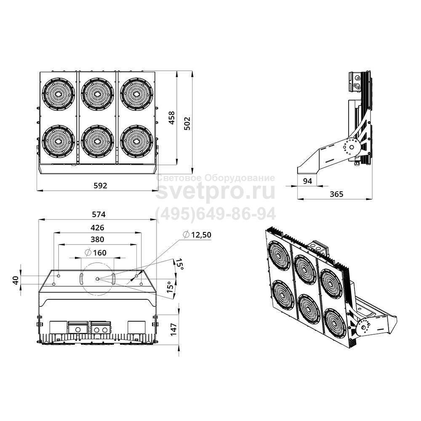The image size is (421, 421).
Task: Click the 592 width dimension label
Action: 100,186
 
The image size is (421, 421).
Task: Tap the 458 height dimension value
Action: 172,118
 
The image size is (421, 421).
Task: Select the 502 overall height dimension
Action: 187,123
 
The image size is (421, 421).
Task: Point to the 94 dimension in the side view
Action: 307,181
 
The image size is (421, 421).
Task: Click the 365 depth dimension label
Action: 336,194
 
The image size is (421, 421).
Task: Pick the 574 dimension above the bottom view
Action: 99,214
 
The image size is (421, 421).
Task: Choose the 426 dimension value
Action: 97,228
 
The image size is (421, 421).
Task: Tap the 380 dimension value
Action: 97,239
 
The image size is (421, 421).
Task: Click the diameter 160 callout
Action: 95,253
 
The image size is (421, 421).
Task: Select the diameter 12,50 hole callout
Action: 197,234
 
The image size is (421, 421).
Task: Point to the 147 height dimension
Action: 173,330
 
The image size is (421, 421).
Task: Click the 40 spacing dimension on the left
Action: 16,280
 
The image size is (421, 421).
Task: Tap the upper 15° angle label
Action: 180,264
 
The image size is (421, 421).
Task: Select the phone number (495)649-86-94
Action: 216,214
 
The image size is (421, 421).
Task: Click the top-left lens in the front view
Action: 58,94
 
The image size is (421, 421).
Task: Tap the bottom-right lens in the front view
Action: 136,141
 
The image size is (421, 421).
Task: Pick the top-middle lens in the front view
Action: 98,94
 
